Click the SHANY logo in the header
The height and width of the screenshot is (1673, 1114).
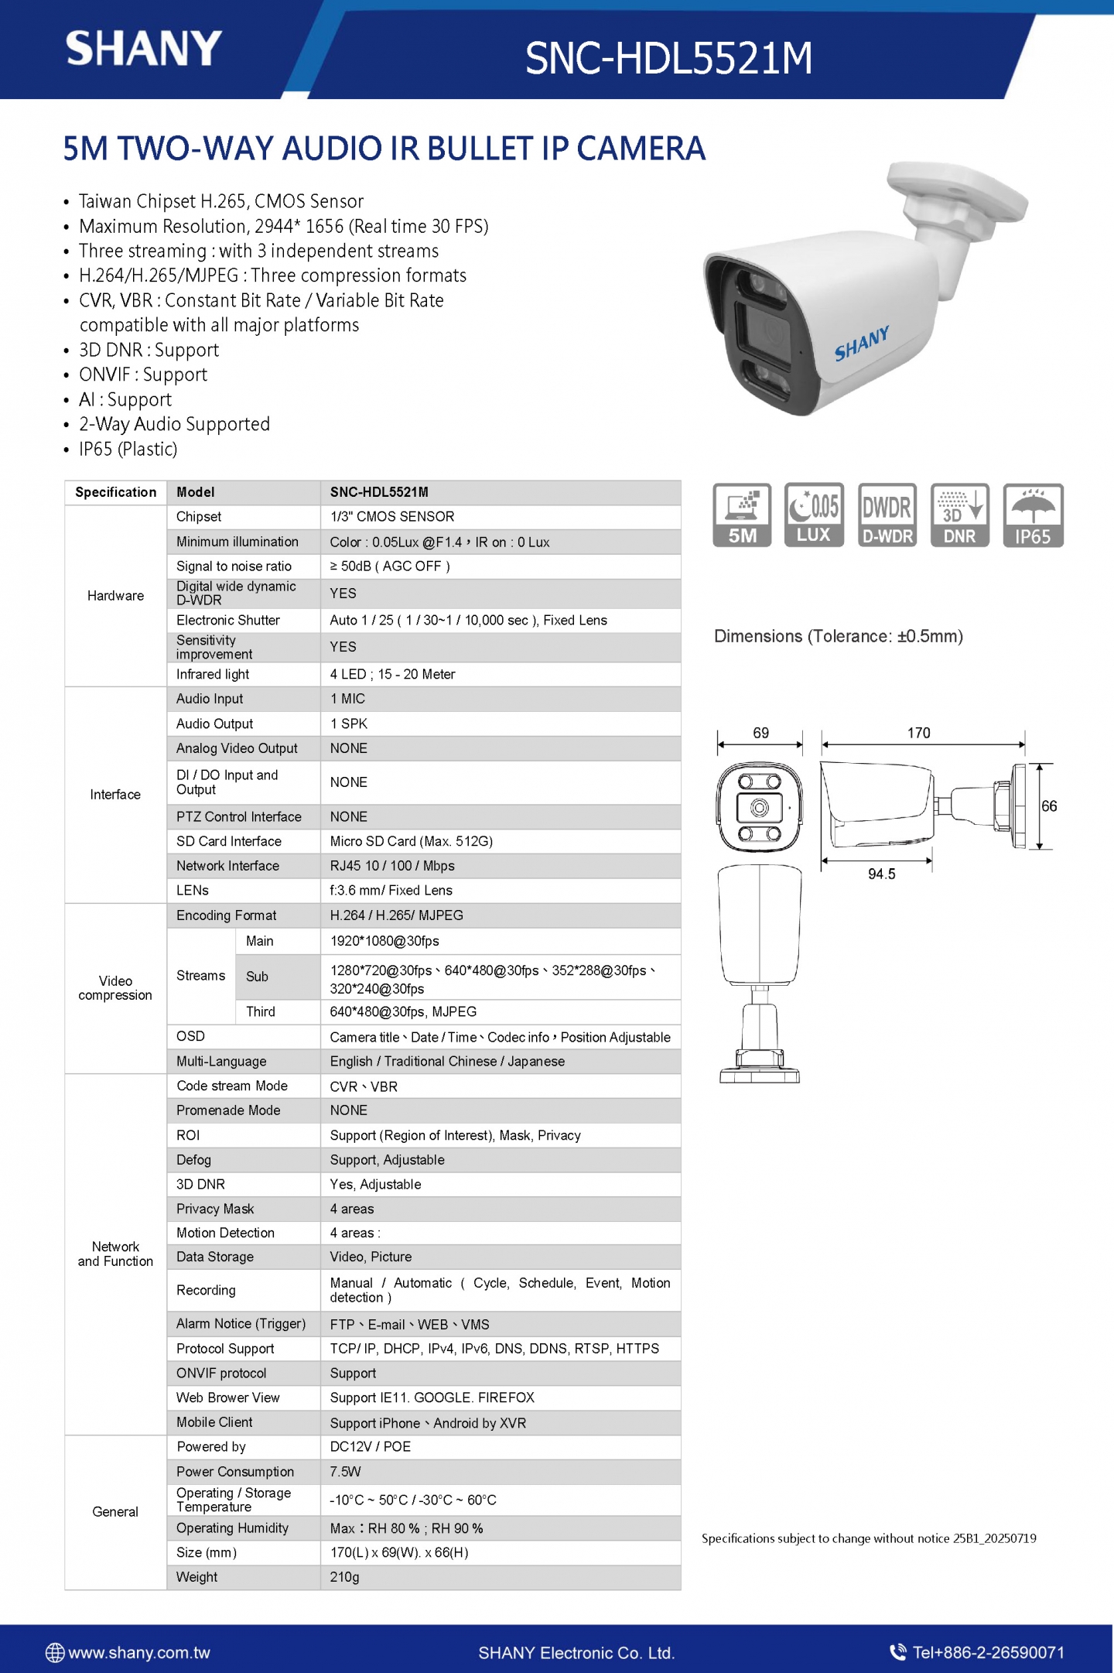coord(144,49)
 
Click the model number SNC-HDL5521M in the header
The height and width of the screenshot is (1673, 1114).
coord(668,59)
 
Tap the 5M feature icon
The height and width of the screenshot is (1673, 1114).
coord(742,515)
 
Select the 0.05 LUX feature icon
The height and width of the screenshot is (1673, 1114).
coord(814,515)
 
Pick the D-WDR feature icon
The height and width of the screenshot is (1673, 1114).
coord(887,515)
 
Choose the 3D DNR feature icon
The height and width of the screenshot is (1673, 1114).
coord(959,515)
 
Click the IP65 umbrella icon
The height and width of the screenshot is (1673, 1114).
coord(1033,515)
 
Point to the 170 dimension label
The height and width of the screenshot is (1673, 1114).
coord(918,733)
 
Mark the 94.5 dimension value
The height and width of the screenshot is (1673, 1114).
coord(881,874)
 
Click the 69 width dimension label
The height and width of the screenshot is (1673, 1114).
coord(760,733)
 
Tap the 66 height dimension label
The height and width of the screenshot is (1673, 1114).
coord(1049,806)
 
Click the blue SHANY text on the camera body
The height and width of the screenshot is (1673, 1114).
coord(861,343)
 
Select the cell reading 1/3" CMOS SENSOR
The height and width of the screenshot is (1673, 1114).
coord(392,517)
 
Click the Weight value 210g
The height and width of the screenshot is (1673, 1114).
coord(344,1577)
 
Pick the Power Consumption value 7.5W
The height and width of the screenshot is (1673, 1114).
coord(345,1472)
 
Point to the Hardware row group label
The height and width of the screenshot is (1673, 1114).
coord(115,596)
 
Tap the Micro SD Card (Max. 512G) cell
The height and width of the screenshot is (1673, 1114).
coord(411,841)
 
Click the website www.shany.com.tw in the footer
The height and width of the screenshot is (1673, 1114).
coord(138,1653)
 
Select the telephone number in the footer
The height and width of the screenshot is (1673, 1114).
coord(988,1653)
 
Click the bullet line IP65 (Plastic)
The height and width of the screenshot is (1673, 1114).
coord(128,450)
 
